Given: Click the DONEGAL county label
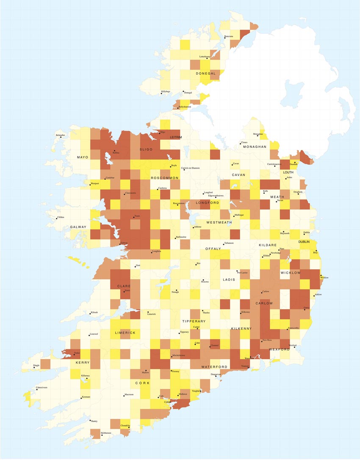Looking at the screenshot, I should [206, 73].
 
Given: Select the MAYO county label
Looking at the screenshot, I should [83, 157].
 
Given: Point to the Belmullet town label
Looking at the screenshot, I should [61, 135].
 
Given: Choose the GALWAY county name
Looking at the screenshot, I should [78, 227].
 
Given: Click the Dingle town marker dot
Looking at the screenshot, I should [34, 367].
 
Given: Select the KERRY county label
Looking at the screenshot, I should [83, 363].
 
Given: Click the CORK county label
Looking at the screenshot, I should [142, 383].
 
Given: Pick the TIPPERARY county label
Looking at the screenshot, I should [194, 321].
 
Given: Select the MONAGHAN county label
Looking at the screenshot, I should [255, 147].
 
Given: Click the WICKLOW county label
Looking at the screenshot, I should [291, 273].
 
